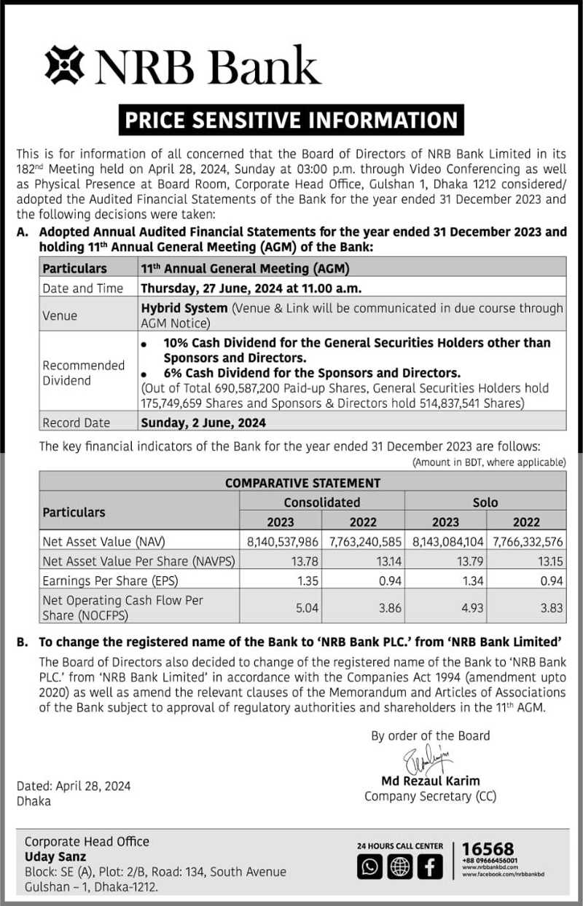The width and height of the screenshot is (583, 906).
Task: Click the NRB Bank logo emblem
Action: (65, 65)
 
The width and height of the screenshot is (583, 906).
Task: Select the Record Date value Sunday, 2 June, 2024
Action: (203, 422)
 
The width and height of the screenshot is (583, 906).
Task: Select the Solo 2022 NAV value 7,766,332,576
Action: (527, 543)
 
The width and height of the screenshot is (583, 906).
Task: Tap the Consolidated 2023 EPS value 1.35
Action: (308, 581)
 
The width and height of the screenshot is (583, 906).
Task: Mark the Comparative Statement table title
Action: (302, 482)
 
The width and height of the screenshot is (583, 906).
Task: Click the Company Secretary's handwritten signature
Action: (430, 758)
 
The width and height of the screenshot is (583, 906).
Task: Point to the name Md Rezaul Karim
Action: (431, 781)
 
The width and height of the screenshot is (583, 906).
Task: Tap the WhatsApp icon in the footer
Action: (370, 867)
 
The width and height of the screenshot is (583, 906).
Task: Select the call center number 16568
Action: (488, 849)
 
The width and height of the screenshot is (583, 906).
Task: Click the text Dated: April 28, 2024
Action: (74, 786)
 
